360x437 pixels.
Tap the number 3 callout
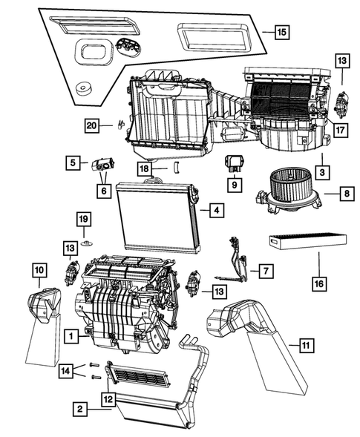(322, 172)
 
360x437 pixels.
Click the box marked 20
(91, 127)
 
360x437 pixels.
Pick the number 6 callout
(103, 191)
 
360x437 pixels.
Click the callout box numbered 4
(214, 211)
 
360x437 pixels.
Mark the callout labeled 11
(304, 345)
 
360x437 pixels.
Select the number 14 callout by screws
(66, 369)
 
